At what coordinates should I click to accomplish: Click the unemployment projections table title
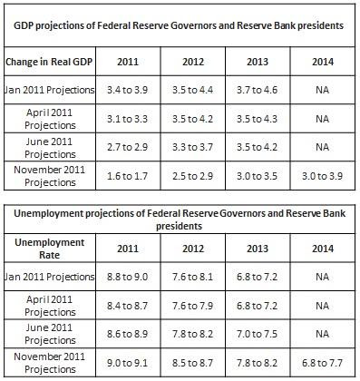point(180,219)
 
